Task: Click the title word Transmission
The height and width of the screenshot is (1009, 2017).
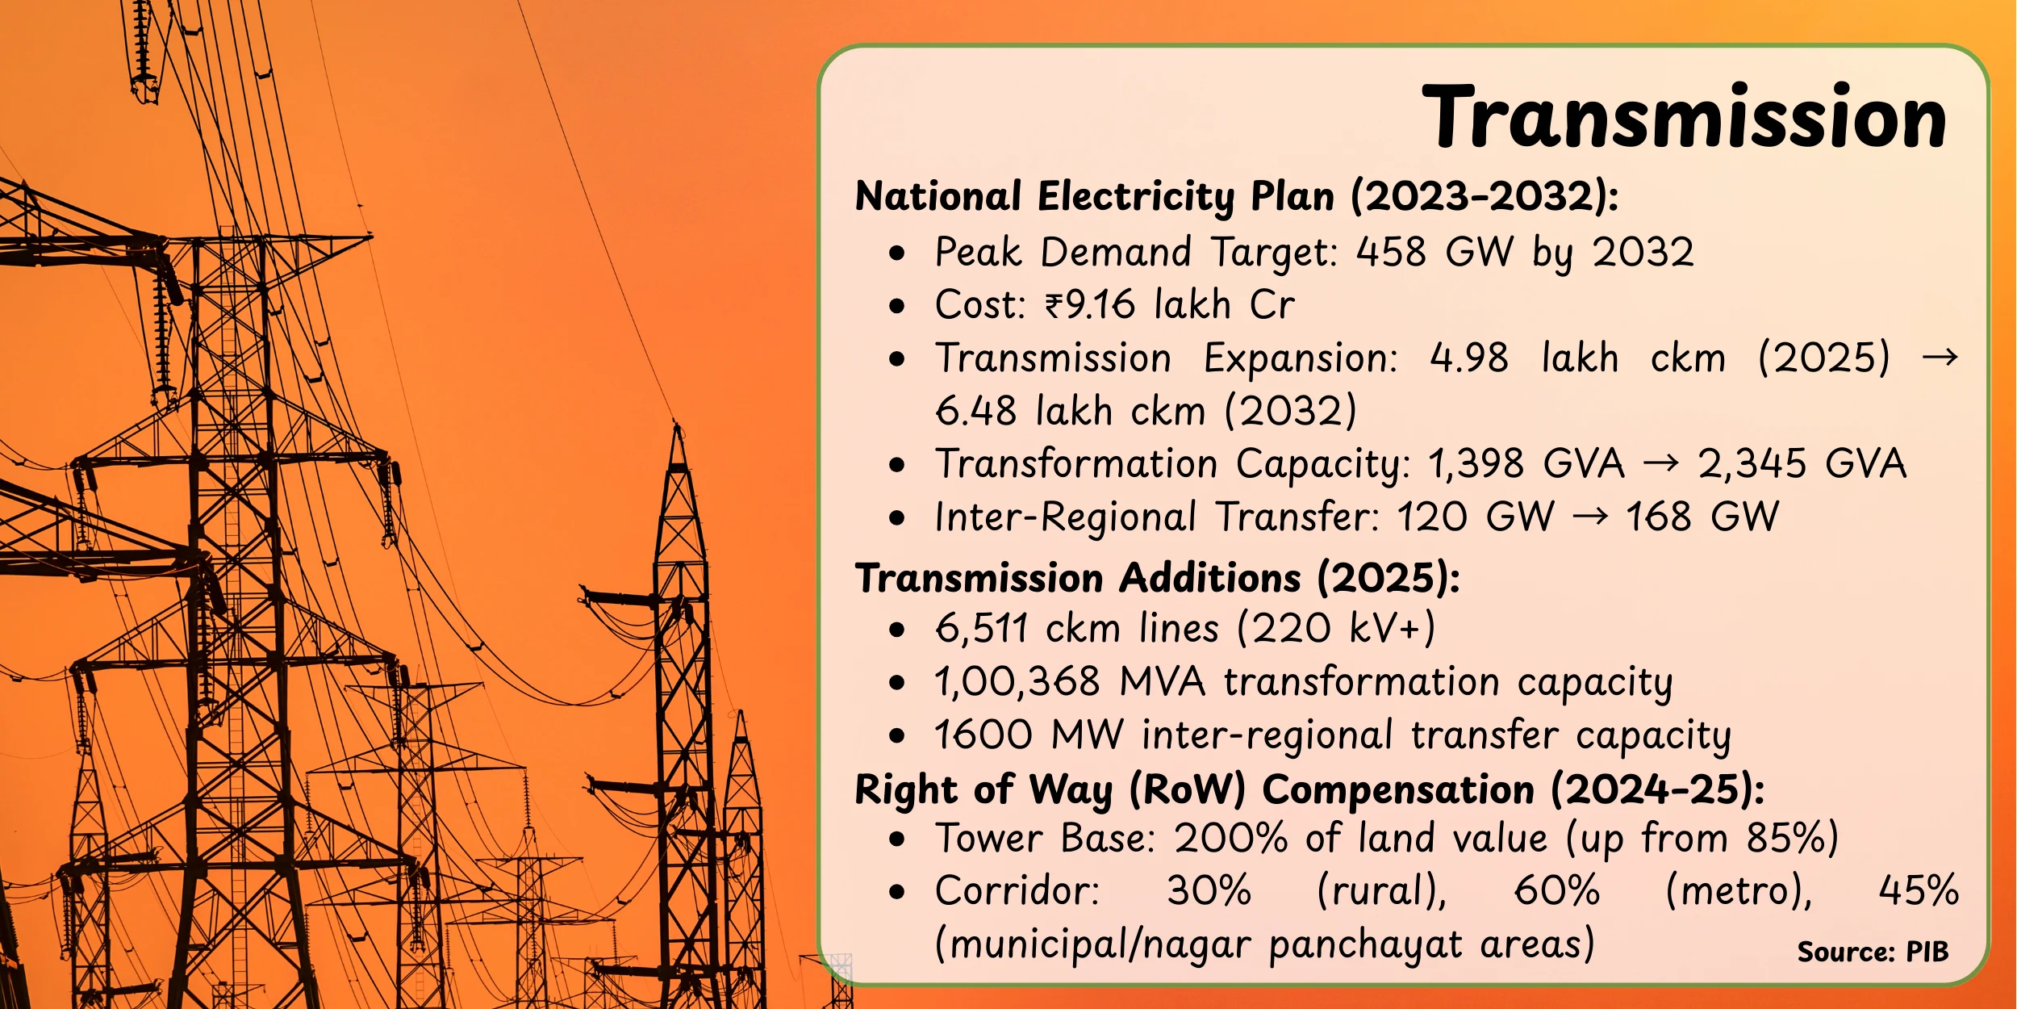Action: tap(1685, 118)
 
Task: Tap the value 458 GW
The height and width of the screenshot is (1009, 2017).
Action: tap(1435, 252)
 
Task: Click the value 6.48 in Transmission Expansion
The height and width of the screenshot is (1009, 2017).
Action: tap(975, 411)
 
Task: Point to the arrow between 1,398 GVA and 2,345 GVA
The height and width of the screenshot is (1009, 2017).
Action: tap(1661, 463)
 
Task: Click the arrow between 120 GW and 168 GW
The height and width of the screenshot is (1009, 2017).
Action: tap(1590, 517)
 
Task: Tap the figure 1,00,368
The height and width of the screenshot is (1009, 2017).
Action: tap(1017, 681)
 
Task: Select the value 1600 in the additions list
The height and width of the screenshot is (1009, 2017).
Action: tap(983, 735)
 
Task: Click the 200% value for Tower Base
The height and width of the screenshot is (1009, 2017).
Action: tap(1230, 838)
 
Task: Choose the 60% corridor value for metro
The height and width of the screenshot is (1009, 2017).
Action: tap(1557, 891)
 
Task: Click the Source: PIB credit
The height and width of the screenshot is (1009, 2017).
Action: tap(1873, 952)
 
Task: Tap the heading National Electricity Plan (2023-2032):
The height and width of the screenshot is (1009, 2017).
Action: tap(1237, 197)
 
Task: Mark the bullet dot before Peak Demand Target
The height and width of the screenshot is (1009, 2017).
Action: tap(897, 253)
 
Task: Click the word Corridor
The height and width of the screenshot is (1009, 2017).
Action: tap(1017, 891)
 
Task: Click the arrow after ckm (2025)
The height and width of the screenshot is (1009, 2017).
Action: tap(1940, 358)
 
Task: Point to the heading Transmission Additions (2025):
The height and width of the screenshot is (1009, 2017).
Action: tap(1158, 578)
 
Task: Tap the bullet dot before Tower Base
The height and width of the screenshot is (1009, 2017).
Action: tap(897, 839)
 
